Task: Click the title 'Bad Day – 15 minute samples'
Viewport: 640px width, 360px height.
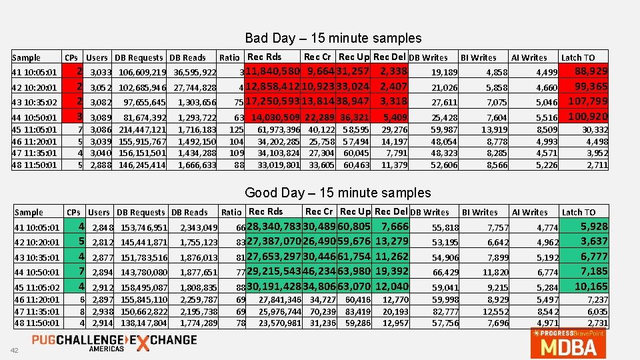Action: click(333, 38)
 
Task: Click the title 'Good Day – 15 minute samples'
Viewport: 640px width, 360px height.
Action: click(337, 193)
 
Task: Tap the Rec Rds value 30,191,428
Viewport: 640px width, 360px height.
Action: click(274, 287)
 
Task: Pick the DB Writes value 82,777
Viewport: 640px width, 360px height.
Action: click(446, 311)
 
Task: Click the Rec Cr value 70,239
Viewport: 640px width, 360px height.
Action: click(323, 311)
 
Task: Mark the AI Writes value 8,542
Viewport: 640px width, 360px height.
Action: click(545, 311)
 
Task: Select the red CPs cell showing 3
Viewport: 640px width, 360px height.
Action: click(79, 117)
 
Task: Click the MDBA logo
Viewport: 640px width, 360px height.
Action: click(569, 343)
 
